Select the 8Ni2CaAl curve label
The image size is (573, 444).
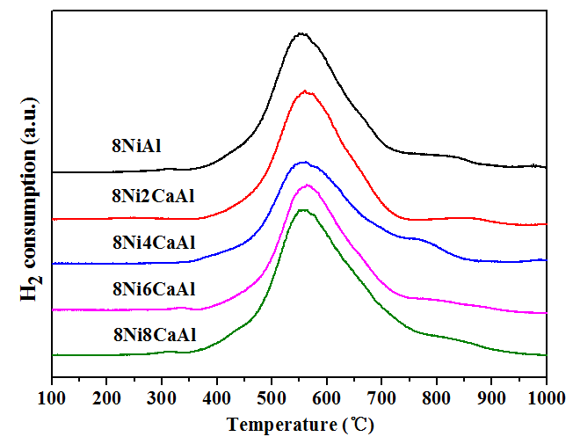(147, 195)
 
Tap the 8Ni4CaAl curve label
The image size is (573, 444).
(147, 242)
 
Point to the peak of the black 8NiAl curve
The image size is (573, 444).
(301, 33)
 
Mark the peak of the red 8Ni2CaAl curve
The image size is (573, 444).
(305, 91)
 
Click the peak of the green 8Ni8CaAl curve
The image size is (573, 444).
(303, 210)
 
